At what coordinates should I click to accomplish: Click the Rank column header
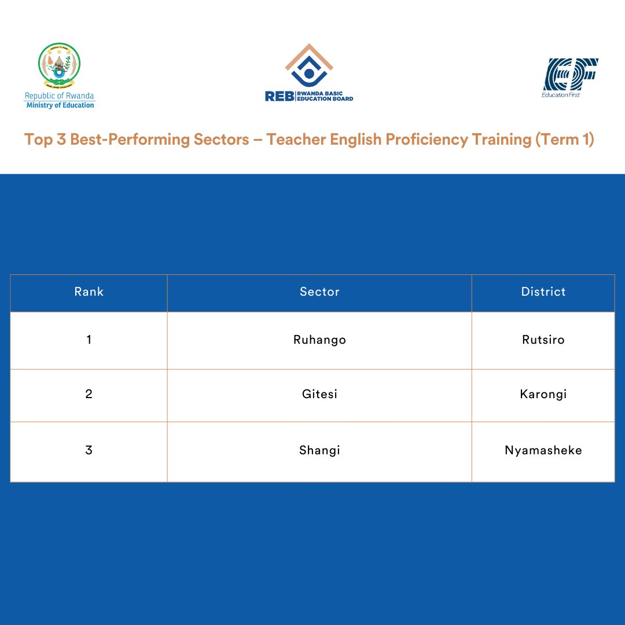[x=89, y=292]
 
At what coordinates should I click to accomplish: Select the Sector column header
[x=319, y=292]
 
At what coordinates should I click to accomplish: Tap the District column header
[x=543, y=292]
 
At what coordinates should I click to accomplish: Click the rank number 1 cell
[x=89, y=340]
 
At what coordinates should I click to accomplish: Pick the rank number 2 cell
[x=89, y=395]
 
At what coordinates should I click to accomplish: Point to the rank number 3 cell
[x=89, y=450]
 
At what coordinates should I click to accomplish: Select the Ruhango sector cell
[x=319, y=340]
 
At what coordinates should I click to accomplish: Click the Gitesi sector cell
[x=319, y=395]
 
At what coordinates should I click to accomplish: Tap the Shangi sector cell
[x=319, y=450]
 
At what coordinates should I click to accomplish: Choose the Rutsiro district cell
[x=543, y=340]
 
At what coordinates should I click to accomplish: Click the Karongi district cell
[x=543, y=395]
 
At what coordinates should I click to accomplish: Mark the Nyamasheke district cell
[x=543, y=450]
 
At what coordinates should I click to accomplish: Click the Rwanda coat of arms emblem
[x=59, y=65]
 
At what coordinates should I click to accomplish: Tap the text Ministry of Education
[x=60, y=105]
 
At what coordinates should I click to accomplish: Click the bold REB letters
[x=279, y=97]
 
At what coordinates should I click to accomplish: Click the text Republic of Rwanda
[x=59, y=96]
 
